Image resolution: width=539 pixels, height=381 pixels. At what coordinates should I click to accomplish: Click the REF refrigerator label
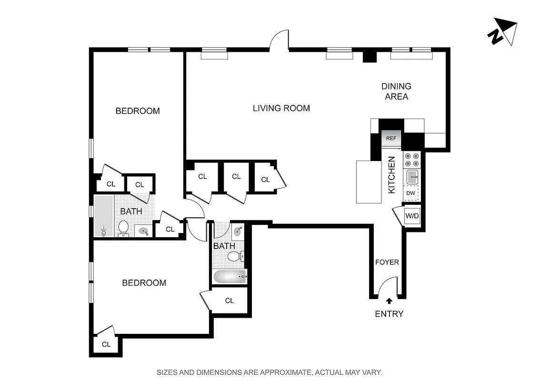(x=391, y=139)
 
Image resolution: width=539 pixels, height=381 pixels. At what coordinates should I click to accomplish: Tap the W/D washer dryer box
(x=412, y=216)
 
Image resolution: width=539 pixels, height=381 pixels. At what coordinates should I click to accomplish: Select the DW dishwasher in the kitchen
(x=410, y=193)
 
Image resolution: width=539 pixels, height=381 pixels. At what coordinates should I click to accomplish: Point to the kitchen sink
(x=412, y=177)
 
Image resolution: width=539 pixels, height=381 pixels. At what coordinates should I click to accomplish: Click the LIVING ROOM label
(x=281, y=108)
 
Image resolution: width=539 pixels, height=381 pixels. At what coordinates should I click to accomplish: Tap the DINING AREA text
(x=396, y=91)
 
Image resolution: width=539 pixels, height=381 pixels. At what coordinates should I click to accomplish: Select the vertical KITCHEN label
(x=391, y=175)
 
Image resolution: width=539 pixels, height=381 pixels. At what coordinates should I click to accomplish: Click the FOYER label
(x=387, y=262)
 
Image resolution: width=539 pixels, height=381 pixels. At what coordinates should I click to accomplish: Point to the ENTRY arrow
(x=389, y=301)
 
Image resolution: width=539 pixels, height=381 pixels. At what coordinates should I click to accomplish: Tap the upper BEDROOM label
(x=138, y=111)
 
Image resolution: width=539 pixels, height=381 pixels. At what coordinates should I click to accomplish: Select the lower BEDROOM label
(x=144, y=283)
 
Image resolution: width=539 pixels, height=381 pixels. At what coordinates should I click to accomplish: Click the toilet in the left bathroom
(x=124, y=228)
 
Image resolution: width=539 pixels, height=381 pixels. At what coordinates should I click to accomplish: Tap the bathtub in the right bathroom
(x=230, y=277)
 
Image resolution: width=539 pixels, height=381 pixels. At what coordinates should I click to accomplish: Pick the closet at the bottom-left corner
(x=106, y=344)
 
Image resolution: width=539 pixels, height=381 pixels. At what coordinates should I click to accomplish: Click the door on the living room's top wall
(x=279, y=40)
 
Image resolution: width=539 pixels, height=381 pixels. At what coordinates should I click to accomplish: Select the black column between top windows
(x=369, y=56)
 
